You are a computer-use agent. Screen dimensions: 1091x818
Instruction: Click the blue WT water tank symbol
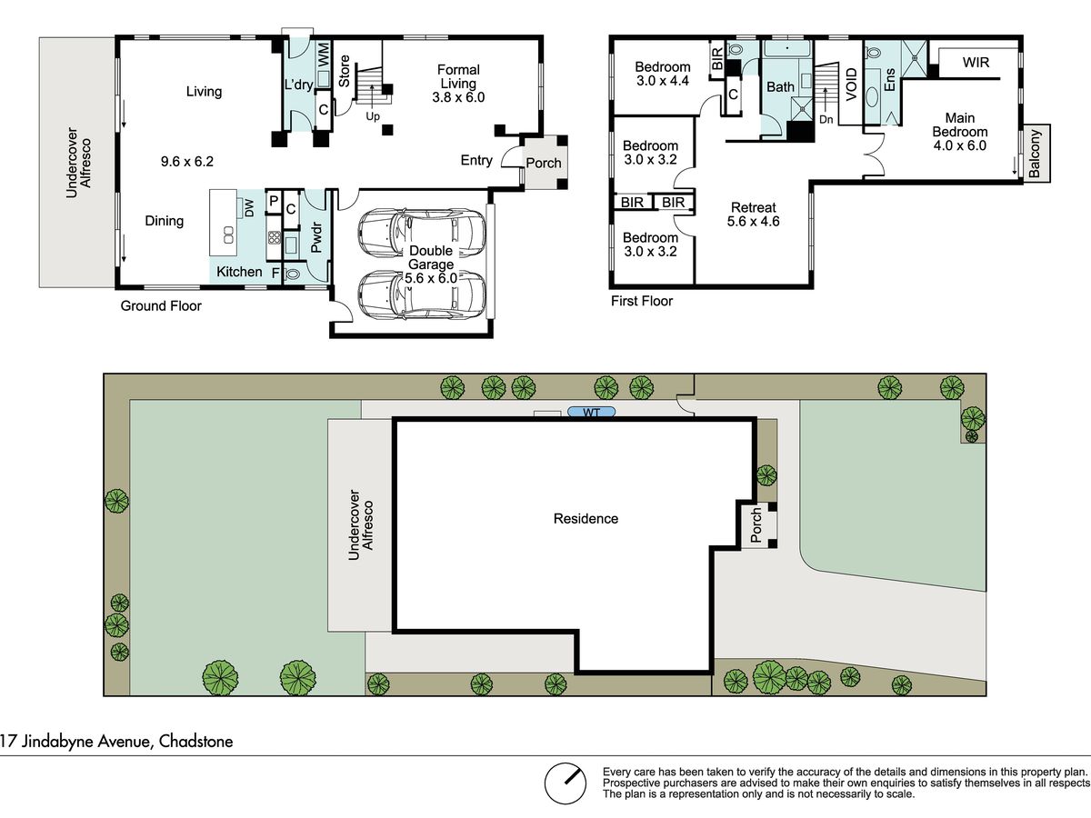(x=592, y=412)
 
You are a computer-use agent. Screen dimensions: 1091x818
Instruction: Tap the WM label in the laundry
(x=323, y=55)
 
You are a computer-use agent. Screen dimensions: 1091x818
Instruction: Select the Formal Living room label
(x=458, y=76)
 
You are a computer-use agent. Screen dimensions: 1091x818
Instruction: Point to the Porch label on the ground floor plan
(x=544, y=163)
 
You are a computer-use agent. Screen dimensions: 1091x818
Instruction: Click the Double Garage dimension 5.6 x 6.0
(x=431, y=278)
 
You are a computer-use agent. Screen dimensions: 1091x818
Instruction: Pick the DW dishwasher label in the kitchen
(x=249, y=207)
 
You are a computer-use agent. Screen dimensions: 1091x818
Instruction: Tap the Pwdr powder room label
(x=316, y=238)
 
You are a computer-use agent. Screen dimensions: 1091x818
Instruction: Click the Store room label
(x=344, y=71)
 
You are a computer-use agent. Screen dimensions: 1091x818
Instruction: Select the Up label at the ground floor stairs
(x=373, y=116)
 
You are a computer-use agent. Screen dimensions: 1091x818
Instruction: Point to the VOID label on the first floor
(x=851, y=85)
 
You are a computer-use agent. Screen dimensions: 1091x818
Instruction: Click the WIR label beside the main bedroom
(x=976, y=62)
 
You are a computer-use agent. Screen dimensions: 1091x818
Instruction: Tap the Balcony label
(x=1035, y=154)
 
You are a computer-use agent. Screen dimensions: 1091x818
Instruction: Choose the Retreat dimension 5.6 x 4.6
(x=753, y=221)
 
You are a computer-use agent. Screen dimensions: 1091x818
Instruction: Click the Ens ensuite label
(x=890, y=80)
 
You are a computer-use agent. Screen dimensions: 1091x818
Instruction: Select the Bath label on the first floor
(x=780, y=87)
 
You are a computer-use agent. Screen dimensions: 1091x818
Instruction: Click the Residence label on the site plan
(x=586, y=518)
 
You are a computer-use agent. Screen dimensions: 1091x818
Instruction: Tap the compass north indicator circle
(x=566, y=783)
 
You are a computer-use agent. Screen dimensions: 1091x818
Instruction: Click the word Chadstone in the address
(x=195, y=742)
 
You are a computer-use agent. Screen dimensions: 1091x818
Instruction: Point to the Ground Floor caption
(x=161, y=305)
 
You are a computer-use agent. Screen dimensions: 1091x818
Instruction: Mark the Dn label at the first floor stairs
(x=826, y=119)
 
